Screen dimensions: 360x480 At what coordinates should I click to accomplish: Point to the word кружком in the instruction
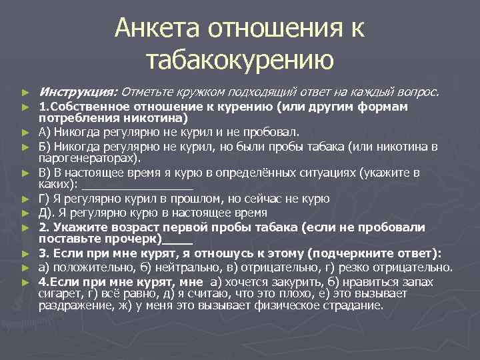(195, 91)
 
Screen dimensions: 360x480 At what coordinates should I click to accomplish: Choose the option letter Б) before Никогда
(45, 147)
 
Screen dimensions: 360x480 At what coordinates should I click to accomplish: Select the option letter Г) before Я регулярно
(45, 199)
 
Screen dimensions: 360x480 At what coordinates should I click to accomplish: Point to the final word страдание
(355, 306)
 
